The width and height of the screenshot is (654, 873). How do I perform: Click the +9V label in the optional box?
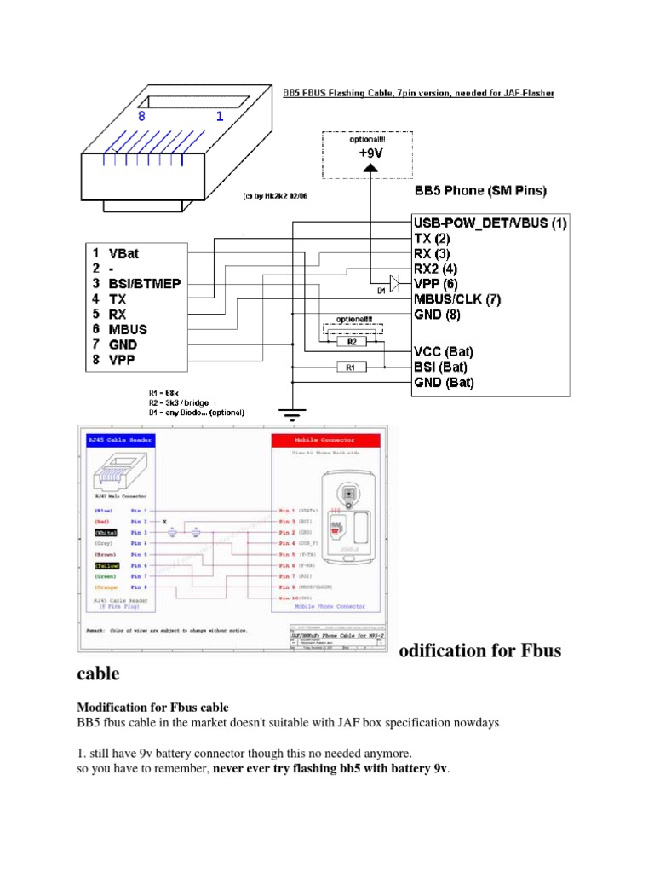[x=370, y=154]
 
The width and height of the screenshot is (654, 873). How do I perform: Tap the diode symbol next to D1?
[x=393, y=280]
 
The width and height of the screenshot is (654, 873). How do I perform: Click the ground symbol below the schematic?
[x=292, y=416]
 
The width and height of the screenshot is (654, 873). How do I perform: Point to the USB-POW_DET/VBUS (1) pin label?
[x=490, y=224]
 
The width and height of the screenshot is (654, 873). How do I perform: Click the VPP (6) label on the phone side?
[x=436, y=283]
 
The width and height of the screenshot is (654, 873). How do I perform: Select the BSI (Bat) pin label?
[x=444, y=367]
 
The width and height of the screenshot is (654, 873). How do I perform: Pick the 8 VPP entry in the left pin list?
[x=115, y=360]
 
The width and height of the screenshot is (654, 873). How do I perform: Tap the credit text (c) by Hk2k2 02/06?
[x=281, y=195]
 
